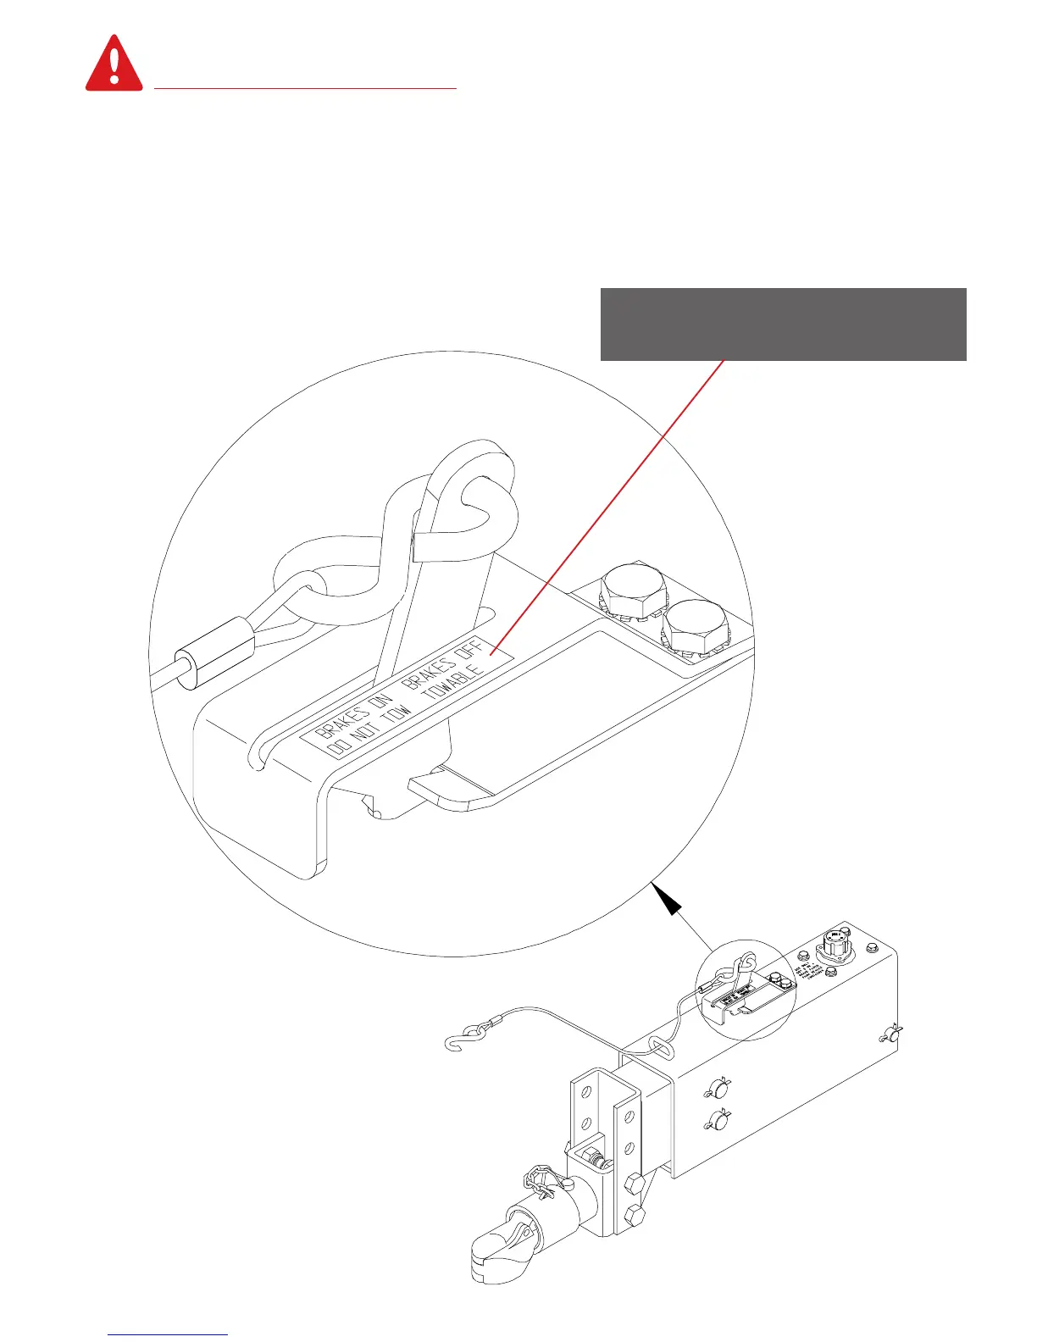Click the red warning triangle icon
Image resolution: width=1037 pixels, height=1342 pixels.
point(114,64)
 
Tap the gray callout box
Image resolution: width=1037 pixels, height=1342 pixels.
point(783,324)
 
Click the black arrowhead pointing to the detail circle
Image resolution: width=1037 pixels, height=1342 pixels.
point(669,903)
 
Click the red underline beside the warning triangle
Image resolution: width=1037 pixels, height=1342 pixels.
point(306,87)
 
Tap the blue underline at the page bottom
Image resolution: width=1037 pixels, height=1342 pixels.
point(169,1334)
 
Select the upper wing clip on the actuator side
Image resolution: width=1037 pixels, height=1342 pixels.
point(718,1088)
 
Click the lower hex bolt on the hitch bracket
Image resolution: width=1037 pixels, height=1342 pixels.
point(634,1216)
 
